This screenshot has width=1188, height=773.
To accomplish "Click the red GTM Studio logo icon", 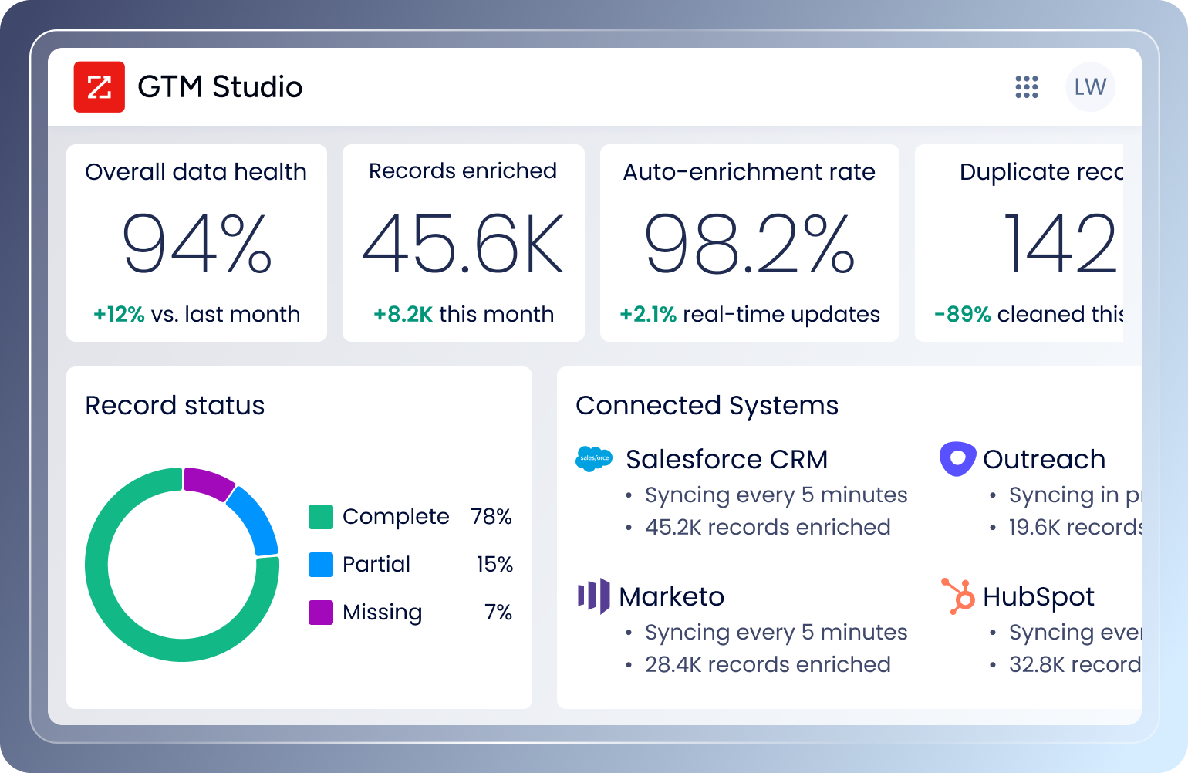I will pyautogui.click(x=99, y=87).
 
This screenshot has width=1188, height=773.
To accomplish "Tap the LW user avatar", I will pyautogui.click(x=1090, y=87).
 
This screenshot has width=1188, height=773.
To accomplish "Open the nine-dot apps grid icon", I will pyautogui.click(x=1026, y=87).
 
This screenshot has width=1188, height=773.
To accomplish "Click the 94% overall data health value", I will pyautogui.click(x=197, y=245).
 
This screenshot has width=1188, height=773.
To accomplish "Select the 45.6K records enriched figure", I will pyautogui.click(x=463, y=245).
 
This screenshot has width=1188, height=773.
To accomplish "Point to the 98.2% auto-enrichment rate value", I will pyautogui.click(x=749, y=245).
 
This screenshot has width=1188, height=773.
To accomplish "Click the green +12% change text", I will pyautogui.click(x=119, y=315).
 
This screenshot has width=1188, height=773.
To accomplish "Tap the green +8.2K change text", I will pyautogui.click(x=403, y=315).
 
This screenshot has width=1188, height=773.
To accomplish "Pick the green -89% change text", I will pyautogui.click(x=962, y=315).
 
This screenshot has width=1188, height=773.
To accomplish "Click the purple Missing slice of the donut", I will pyautogui.click(x=208, y=483).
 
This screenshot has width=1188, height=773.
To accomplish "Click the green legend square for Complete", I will pyautogui.click(x=320, y=517).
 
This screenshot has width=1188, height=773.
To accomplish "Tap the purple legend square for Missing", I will pyautogui.click(x=320, y=613).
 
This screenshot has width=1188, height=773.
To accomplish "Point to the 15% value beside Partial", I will pyautogui.click(x=494, y=565).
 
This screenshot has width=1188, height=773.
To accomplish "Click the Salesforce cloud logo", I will pyautogui.click(x=594, y=458).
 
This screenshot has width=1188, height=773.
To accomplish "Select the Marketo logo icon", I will pyautogui.click(x=593, y=596).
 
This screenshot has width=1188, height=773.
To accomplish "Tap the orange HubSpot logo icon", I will pyautogui.click(x=957, y=596).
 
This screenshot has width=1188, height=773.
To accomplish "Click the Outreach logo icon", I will pyautogui.click(x=957, y=458).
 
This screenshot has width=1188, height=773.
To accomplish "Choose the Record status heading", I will pyautogui.click(x=174, y=406).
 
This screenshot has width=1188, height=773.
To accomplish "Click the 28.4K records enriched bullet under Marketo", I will pyautogui.click(x=767, y=665).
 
